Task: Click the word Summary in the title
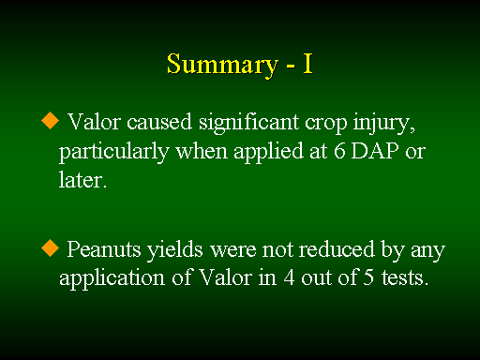click(x=222, y=65)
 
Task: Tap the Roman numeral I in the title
click(x=307, y=64)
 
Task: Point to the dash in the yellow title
click(x=291, y=66)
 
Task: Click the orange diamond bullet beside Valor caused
click(x=50, y=121)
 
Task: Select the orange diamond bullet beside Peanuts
click(x=50, y=248)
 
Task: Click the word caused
click(x=159, y=122)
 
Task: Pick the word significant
click(x=249, y=124)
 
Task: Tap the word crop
click(x=326, y=124)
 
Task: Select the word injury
click(x=384, y=124)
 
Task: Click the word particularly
click(x=114, y=153)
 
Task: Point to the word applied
click(x=269, y=153)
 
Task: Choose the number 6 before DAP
click(x=339, y=151)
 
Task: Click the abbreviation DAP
click(x=375, y=151)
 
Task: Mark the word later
click(x=82, y=180)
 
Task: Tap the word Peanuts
click(x=104, y=249)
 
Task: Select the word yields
click(x=175, y=250)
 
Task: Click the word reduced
click(x=337, y=249)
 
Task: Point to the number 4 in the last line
click(x=289, y=277)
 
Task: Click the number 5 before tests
click(x=368, y=277)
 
